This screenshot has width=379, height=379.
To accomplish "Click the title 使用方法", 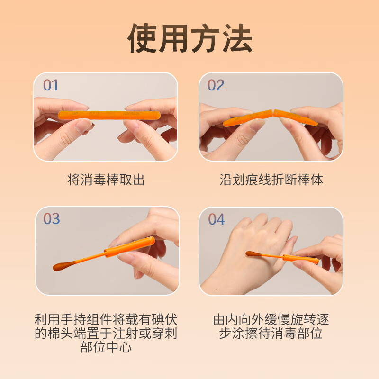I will (x=189, y=38).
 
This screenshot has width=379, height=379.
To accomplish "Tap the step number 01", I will (x=50, y=85).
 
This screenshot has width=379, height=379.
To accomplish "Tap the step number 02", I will (x=216, y=85).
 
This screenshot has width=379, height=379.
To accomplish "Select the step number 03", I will (x=51, y=219).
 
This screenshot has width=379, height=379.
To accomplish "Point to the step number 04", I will (x=216, y=219).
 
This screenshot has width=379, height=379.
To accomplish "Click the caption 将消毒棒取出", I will (x=106, y=180).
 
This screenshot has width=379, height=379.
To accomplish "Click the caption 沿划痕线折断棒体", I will (x=271, y=180).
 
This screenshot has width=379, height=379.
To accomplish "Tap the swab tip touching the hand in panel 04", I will (x=252, y=254).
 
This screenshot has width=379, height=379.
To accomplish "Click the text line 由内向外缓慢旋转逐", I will (x=271, y=319).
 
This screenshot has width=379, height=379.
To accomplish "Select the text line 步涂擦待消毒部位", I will (x=271, y=333).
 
